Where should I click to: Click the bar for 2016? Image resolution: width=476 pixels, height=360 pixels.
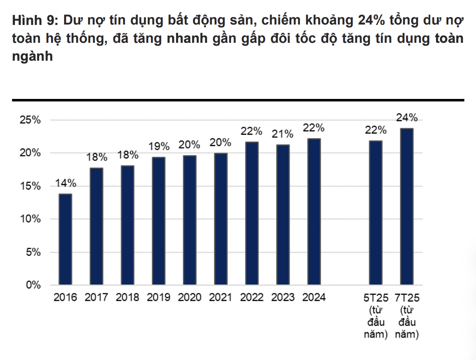(x=65, y=239)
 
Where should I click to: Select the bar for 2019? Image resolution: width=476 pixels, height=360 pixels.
(x=159, y=221)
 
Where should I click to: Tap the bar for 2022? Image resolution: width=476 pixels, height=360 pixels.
(x=252, y=214)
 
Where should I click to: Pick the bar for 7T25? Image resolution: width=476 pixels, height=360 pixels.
(x=407, y=207)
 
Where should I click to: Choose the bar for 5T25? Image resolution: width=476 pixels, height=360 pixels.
(x=376, y=213)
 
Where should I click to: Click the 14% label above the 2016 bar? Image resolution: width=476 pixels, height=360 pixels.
(x=66, y=183)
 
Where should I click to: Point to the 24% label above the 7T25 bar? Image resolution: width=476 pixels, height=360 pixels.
(x=407, y=118)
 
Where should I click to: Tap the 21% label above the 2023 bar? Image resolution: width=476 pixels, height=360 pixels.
(x=283, y=134)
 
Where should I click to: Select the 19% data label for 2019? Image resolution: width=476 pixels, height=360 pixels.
(x=159, y=146)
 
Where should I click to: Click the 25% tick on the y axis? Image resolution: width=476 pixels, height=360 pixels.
(x=30, y=121)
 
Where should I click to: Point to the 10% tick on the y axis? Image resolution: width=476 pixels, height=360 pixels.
(x=30, y=219)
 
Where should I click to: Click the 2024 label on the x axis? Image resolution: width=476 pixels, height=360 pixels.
(x=314, y=298)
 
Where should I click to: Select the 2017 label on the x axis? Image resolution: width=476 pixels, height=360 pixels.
(x=96, y=298)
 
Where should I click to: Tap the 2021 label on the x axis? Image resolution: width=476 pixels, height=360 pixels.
(x=221, y=298)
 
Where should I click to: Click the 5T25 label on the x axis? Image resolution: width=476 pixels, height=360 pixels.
(x=376, y=298)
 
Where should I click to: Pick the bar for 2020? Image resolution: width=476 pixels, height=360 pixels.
(x=190, y=220)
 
